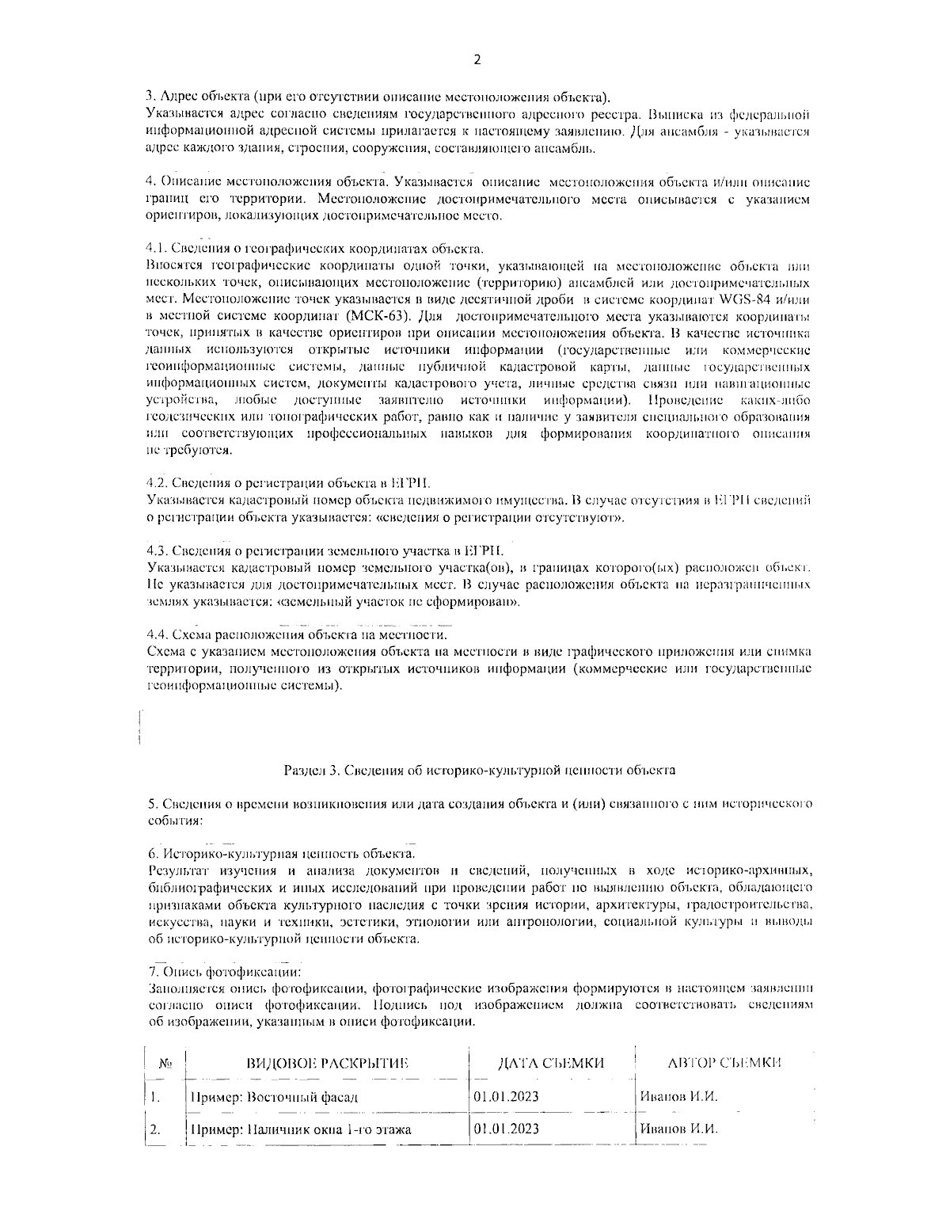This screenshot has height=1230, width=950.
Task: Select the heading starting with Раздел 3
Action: click(479, 769)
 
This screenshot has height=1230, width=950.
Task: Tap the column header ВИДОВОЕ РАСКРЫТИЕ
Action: click(329, 1063)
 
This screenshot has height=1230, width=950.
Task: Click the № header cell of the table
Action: click(165, 1064)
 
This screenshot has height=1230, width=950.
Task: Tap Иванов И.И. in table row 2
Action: click(678, 1129)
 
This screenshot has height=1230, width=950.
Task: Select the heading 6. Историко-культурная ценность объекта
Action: click(281, 854)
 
